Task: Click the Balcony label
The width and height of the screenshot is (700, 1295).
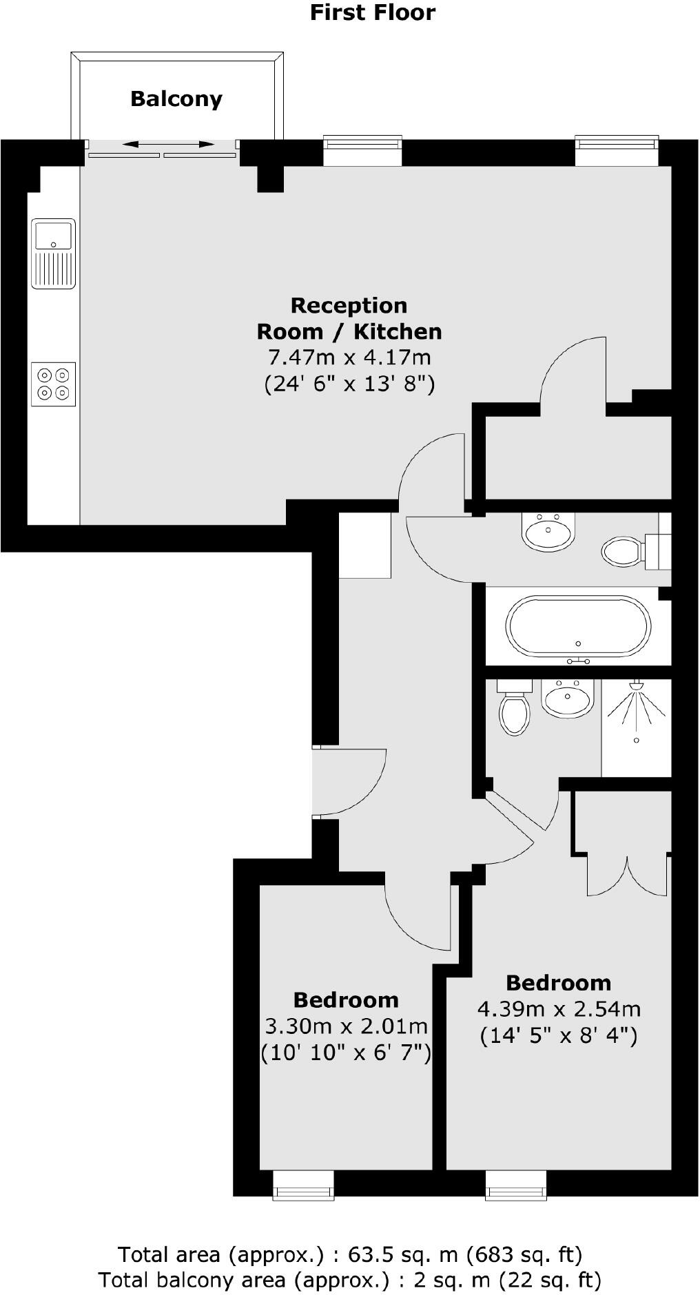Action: click(176, 99)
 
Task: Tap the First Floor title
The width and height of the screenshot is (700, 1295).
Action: click(372, 12)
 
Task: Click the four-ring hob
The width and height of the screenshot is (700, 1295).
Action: click(53, 384)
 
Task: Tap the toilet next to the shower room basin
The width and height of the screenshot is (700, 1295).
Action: click(514, 711)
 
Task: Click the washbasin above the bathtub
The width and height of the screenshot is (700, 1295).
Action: click(548, 532)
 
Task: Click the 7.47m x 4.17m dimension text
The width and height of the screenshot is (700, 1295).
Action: click(349, 358)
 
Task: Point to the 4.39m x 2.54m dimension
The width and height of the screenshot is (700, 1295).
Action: click(559, 1009)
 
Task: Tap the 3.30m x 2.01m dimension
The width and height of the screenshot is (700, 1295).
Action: click(347, 1026)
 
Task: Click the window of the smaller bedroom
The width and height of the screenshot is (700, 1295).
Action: click(304, 1184)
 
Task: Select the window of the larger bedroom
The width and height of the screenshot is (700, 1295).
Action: click(516, 1184)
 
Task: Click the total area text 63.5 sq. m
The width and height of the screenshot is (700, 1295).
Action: click(350, 1254)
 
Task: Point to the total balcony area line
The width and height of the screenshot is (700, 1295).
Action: click(350, 1280)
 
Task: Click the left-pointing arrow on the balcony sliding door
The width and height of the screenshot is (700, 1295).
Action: click(137, 145)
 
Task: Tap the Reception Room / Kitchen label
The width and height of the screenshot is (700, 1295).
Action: click(349, 318)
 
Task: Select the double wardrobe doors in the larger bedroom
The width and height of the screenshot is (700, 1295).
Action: click(627, 875)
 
